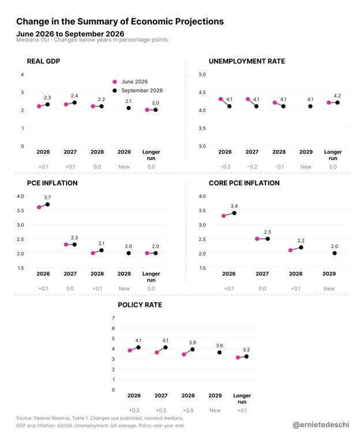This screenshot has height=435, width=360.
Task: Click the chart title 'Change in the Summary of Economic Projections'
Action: (x=120, y=21)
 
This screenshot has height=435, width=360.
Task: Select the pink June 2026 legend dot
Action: (x=115, y=82)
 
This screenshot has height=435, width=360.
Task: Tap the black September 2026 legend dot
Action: (x=115, y=91)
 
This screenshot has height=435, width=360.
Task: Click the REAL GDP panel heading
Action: (x=43, y=61)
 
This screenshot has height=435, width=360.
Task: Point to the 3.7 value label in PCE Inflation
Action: (x=47, y=197)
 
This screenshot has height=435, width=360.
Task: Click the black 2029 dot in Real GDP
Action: (x=129, y=108)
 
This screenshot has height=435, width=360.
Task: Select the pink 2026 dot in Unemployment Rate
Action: (x=221, y=99)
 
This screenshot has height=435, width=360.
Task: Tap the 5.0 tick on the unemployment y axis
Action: (x=202, y=74)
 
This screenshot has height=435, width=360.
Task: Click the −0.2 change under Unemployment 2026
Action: (x=224, y=167)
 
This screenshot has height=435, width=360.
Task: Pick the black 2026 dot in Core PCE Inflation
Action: (x=234, y=213)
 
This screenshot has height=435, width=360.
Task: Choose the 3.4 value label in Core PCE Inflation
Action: (x=234, y=206)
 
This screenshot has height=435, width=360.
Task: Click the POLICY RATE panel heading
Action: (x=140, y=305)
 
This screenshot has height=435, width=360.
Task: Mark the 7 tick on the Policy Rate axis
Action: (x=113, y=318)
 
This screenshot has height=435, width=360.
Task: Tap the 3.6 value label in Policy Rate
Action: (x=219, y=346)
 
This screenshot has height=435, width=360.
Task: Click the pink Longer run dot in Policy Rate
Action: (x=238, y=358)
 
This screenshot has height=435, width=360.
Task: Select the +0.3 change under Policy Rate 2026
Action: (x=134, y=410)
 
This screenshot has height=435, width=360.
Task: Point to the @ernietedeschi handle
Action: (x=321, y=425)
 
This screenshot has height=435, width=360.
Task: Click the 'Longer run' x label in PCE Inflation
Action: (x=151, y=277)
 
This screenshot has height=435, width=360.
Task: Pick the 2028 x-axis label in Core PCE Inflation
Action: (x=295, y=274)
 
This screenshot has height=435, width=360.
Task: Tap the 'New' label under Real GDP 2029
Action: (x=124, y=167)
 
